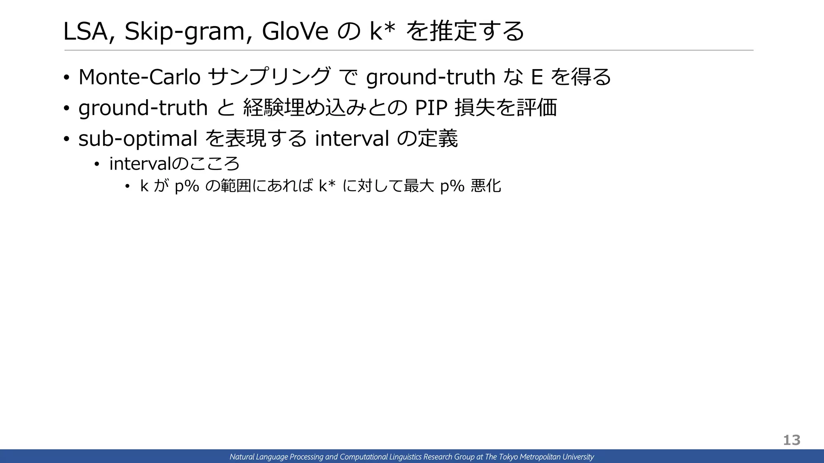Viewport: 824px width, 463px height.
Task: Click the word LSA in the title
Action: (x=86, y=31)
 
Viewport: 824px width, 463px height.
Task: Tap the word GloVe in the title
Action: (x=295, y=31)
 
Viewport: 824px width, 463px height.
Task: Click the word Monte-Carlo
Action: (x=139, y=77)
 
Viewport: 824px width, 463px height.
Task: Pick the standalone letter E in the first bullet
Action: (x=537, y=77)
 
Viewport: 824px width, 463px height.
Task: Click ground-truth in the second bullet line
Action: (x=143, y=108)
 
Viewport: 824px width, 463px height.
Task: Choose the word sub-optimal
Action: (x=138, y=139)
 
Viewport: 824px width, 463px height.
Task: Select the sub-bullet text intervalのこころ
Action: (x=175, y=164)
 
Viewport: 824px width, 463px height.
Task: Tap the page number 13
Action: (x=791, y=440)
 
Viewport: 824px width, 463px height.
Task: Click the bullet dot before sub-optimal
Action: (x=67, y=139)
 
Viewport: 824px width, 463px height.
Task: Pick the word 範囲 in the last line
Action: (x=235, y=186)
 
